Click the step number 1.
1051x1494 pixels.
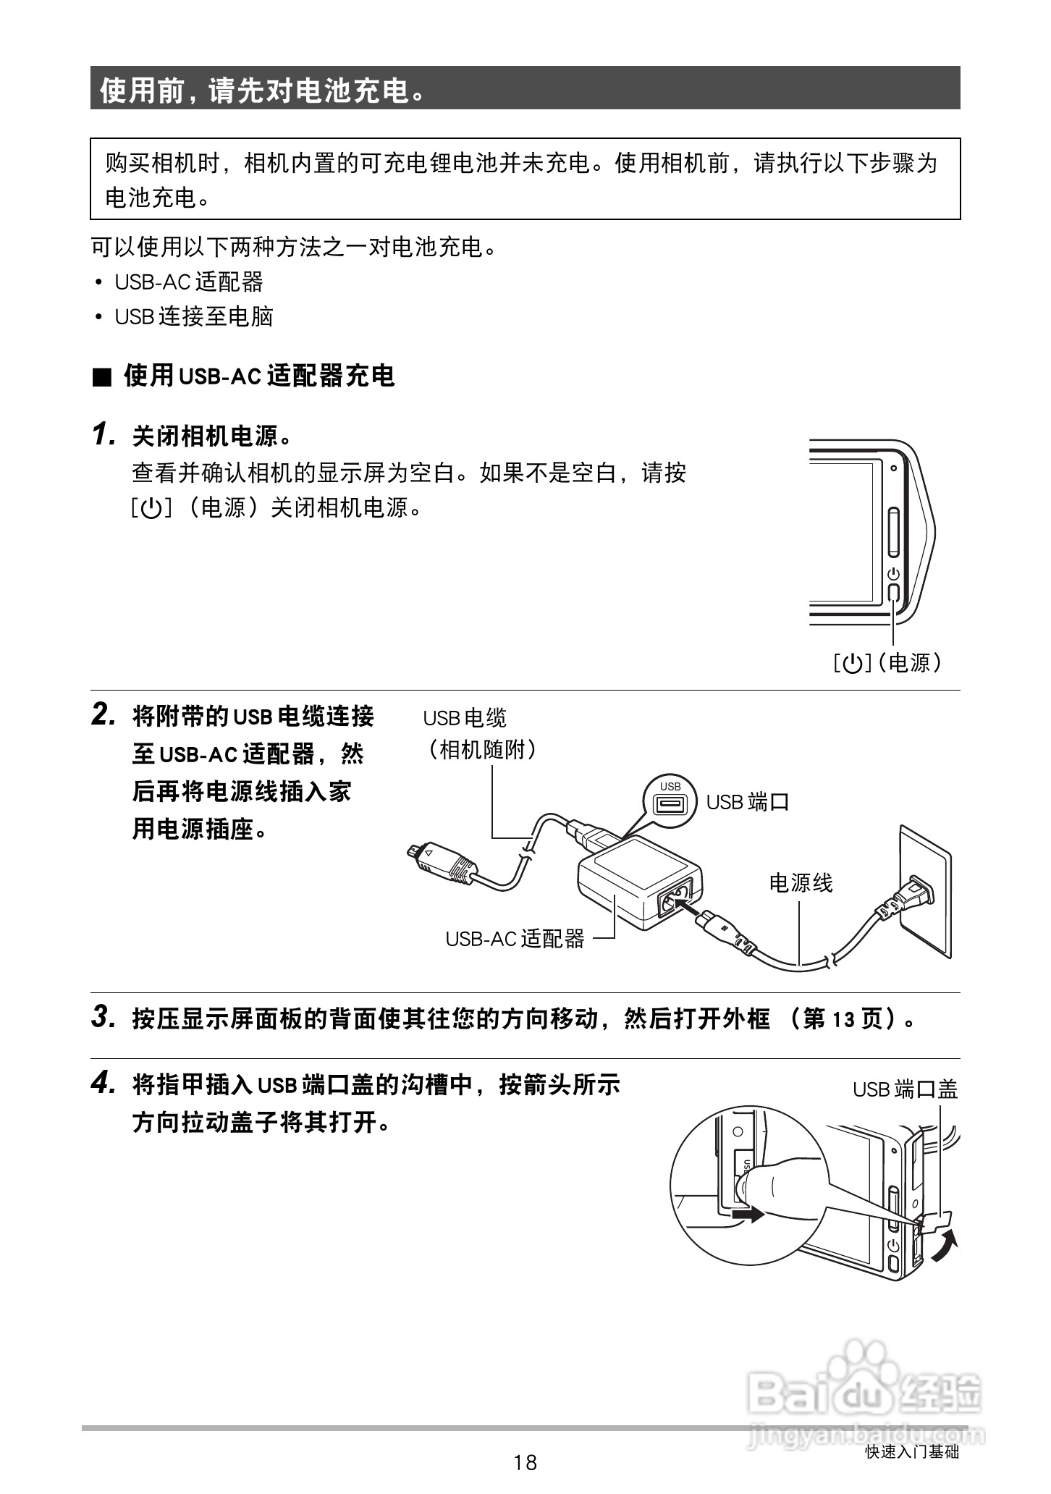tap(104, 435)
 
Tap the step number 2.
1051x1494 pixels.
tap(104, 715)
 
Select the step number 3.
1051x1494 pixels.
tap(104, 1017)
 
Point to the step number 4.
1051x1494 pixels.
tap(104, 1083)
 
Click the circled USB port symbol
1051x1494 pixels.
tap(670, 802)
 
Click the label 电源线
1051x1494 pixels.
tap(801, 882)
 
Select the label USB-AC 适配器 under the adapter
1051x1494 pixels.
tap(515, 939)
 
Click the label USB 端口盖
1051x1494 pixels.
tap(905, 1089)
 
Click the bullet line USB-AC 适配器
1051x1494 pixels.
tap(189, 282)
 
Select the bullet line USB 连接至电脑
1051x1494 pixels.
tap(194, 316)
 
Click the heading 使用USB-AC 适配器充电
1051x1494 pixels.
tap(258, 376)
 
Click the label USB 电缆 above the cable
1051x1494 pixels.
tap(465, 718)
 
